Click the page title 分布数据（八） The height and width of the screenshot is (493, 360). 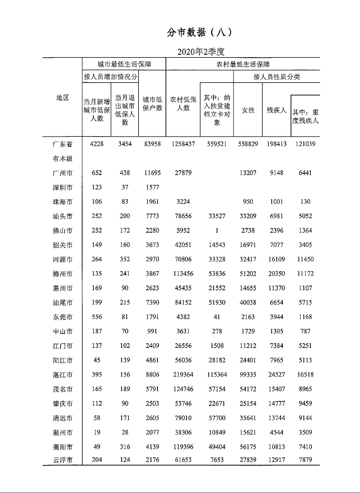tap(199, 32)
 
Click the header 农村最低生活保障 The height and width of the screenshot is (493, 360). tap(242, 64)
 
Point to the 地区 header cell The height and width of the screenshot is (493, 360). tap(62, 97)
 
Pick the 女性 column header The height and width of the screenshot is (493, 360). tap(248, 110)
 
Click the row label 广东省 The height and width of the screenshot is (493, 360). tap(62, 144)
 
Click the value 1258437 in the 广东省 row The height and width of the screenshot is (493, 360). tap(183, 144)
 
